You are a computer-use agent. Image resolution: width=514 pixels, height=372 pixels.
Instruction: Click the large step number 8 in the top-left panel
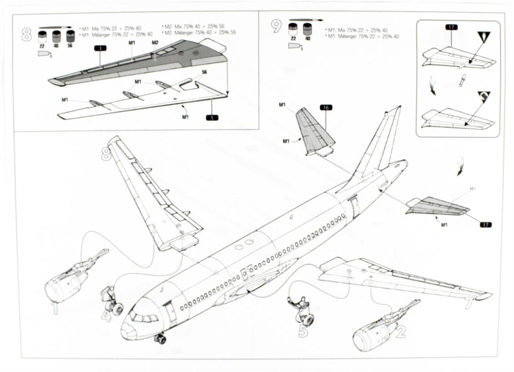click(26, 34)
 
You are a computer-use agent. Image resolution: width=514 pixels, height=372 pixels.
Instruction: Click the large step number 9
click(276, 26)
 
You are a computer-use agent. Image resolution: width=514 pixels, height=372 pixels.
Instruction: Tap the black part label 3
click(100, 48)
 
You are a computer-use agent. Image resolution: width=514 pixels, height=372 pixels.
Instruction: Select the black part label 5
click(212, 117)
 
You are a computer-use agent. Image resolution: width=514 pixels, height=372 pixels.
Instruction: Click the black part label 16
click(326, 107)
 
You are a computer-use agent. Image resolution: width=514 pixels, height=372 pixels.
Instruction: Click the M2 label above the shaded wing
click(155, 42)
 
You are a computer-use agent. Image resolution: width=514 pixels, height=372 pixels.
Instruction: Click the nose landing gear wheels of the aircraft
click(160, 338)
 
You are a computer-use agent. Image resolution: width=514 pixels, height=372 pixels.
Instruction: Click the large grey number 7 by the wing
click(469, 303)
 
